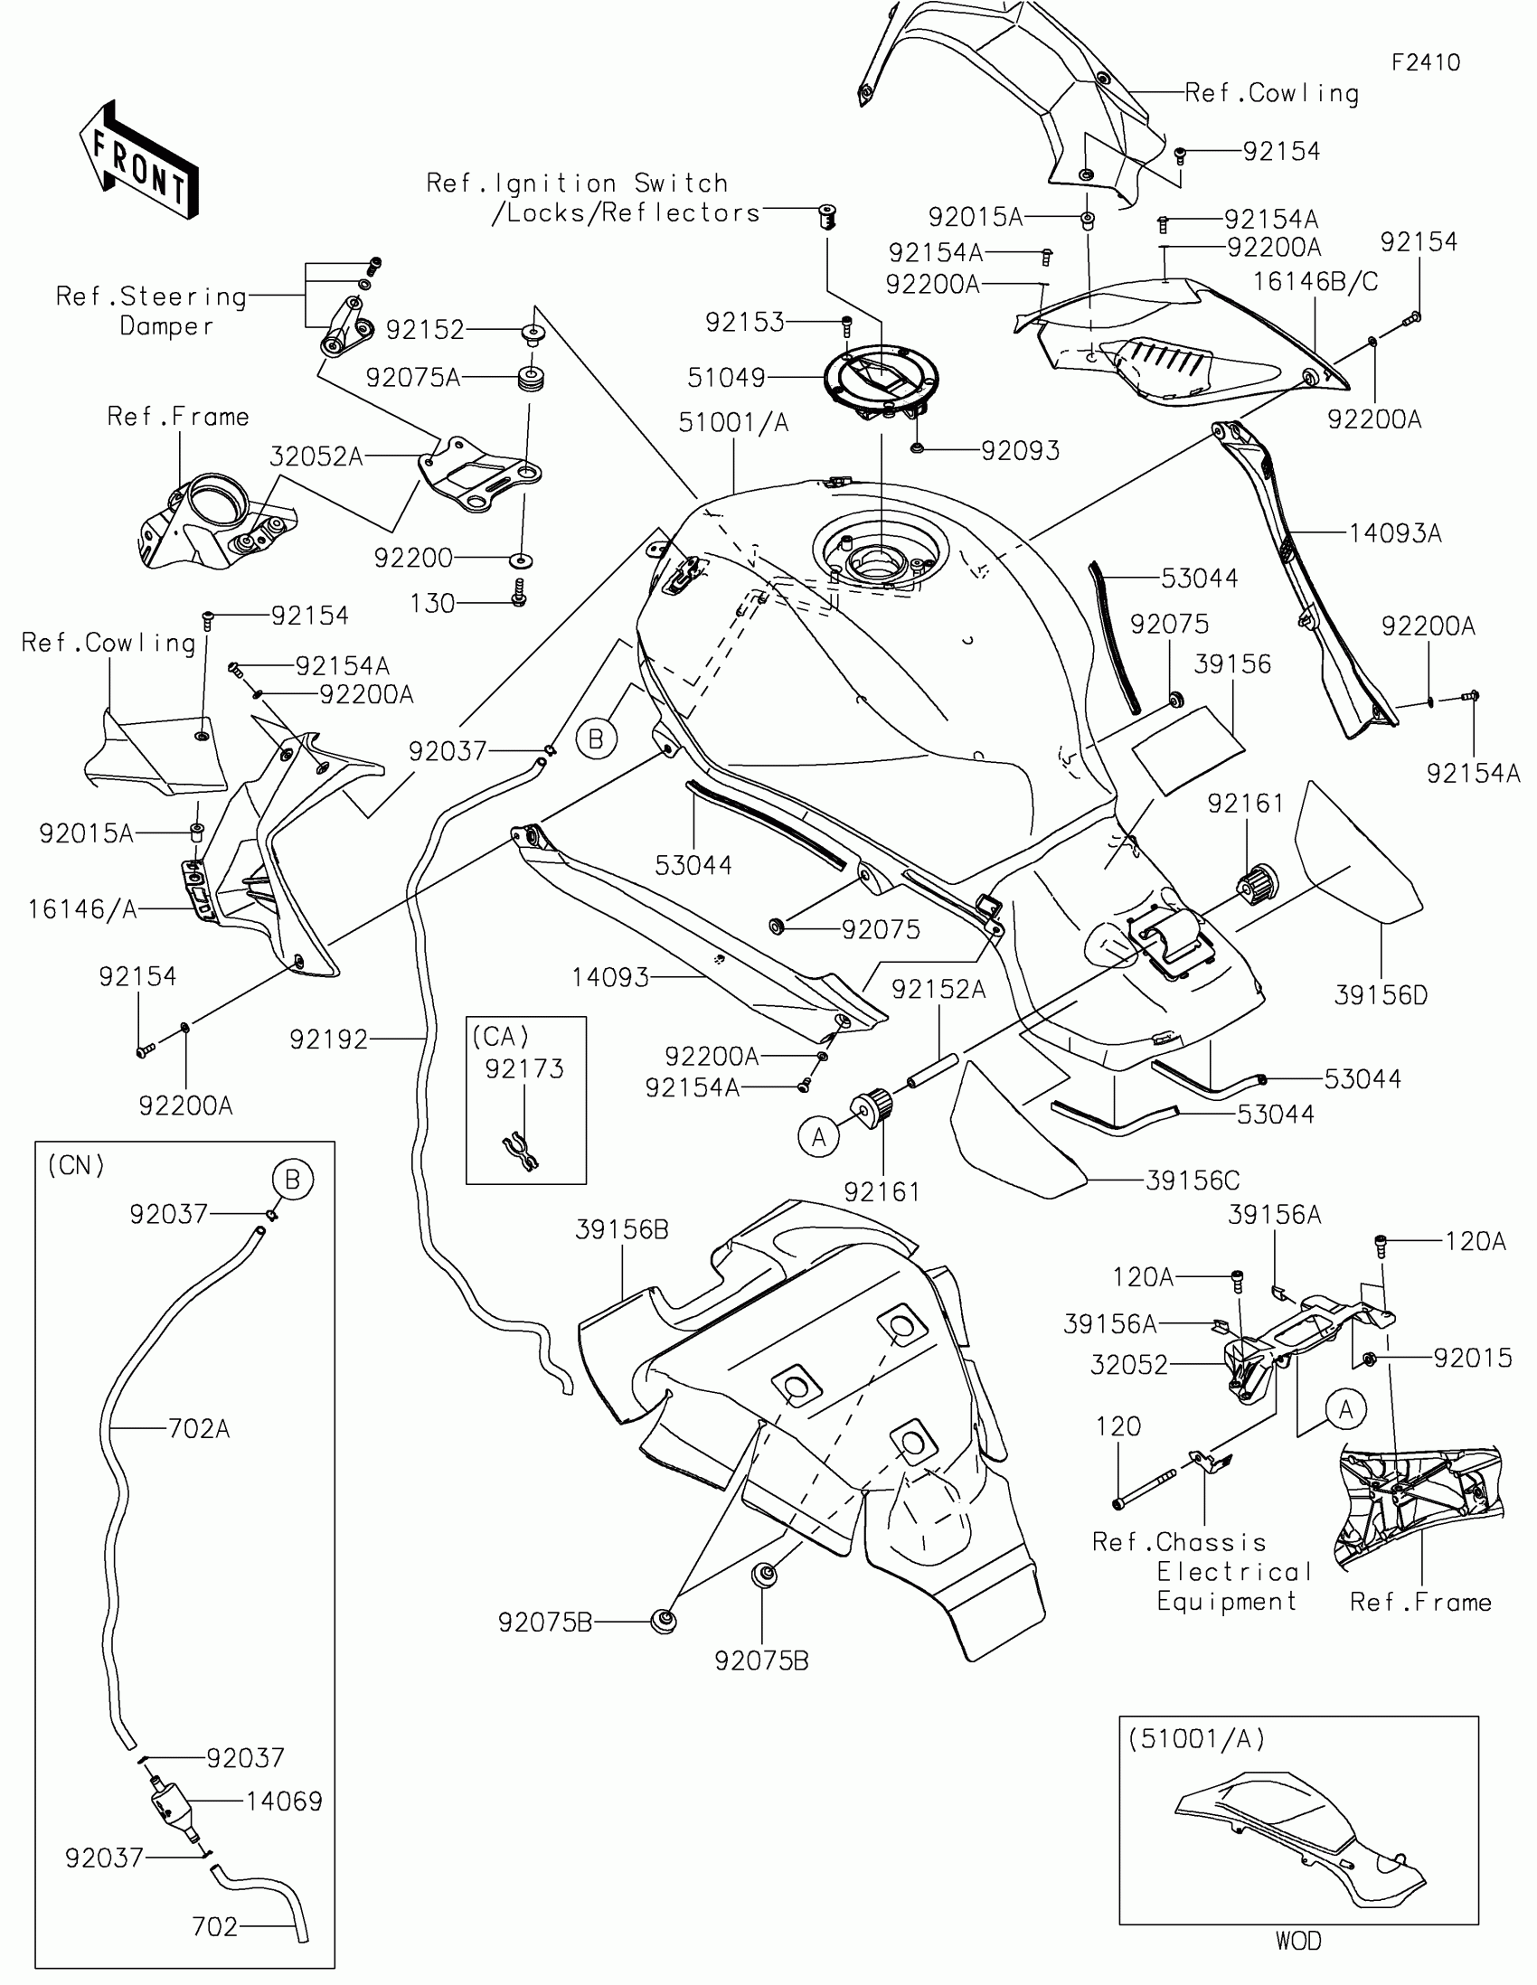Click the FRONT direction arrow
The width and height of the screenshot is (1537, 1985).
[139, 161]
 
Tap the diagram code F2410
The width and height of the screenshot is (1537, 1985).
[1425, 62]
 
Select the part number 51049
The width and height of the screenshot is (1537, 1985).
[726, 377]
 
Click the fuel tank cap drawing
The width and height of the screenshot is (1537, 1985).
[880, 379]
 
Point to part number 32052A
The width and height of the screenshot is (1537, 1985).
[316, 456]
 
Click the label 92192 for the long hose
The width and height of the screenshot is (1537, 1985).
[328, 1039]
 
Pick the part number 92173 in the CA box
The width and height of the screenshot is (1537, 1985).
[524, 1068]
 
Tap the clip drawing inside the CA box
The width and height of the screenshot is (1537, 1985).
[523, 1152]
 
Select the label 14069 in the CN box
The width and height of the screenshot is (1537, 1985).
[285, 1801]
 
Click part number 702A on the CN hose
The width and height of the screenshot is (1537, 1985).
[199, 1429]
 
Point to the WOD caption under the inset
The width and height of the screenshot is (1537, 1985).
[1298, 1941]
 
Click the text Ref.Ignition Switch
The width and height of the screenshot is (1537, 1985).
[577, 183]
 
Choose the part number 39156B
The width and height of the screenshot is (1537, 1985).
[622, 1229]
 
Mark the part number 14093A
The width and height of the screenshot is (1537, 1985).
[1395, 532]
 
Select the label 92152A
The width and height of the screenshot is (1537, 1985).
[938, 989]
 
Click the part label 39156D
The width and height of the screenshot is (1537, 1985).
[1381, 995]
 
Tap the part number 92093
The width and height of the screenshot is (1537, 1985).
[1020, 450]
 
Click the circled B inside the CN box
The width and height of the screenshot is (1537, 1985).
[292, 1180]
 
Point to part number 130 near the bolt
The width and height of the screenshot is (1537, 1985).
[432, 604]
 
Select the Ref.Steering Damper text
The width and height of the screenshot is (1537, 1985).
[152, 311]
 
